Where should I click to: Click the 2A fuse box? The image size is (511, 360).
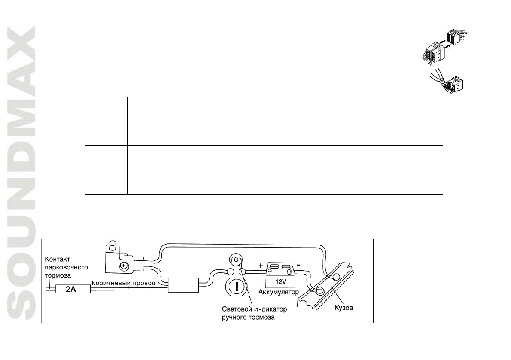coord(70,290)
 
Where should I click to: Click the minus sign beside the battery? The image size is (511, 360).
coord(298,264)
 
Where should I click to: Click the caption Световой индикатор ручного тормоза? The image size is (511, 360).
coord(254,313)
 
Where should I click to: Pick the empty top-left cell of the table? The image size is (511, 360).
coord(106,101)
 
